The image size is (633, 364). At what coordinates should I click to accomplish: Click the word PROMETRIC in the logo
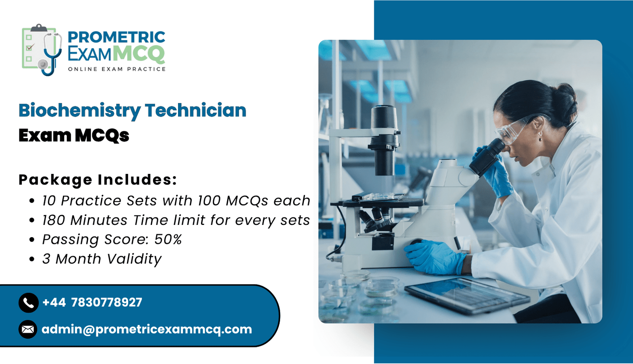[116, 37]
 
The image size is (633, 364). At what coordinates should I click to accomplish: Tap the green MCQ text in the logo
[139, 54]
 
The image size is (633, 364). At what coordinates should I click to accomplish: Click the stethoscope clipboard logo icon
[42, 50]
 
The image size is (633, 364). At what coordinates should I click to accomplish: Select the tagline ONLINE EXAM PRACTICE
[117, 69]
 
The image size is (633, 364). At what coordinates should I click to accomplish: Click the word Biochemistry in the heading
[80, 111]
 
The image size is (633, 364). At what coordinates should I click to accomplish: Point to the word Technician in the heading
[195, 110]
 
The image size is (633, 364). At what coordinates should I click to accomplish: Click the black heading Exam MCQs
[74, 135]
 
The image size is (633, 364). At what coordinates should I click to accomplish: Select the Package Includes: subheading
[98, 179]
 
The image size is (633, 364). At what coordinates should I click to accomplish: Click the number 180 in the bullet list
[54, 220]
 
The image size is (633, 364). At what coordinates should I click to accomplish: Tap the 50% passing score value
[168, 240]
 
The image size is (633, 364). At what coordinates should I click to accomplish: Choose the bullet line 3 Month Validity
[102, 259]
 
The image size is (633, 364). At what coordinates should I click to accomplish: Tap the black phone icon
[28, 303]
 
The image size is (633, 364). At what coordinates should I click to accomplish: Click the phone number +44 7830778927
[92, 302]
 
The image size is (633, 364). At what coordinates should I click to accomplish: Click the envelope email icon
[28, 329]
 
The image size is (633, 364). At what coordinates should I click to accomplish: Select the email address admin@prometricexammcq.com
[147, 330]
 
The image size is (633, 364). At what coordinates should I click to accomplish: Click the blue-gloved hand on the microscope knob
[435, 256]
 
